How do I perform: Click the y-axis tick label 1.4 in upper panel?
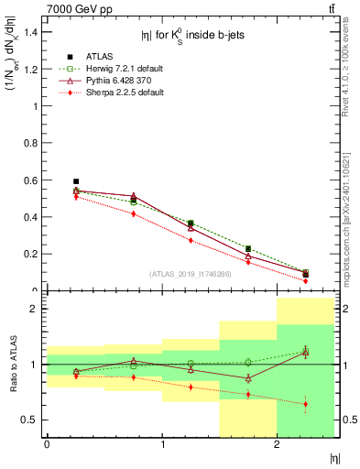click(x=29, y=32)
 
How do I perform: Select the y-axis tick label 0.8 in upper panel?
click(x=29, y=143)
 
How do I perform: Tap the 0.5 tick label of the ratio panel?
click(x=29, y=420)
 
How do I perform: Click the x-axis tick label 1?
click(x=162, y=445)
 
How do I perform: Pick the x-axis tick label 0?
click(x=47, y=445)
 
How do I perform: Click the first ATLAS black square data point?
click(x=76, y=181)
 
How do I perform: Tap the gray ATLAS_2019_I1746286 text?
click(x=191, y=274)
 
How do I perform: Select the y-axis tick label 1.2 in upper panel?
click(x=29, y=69)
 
